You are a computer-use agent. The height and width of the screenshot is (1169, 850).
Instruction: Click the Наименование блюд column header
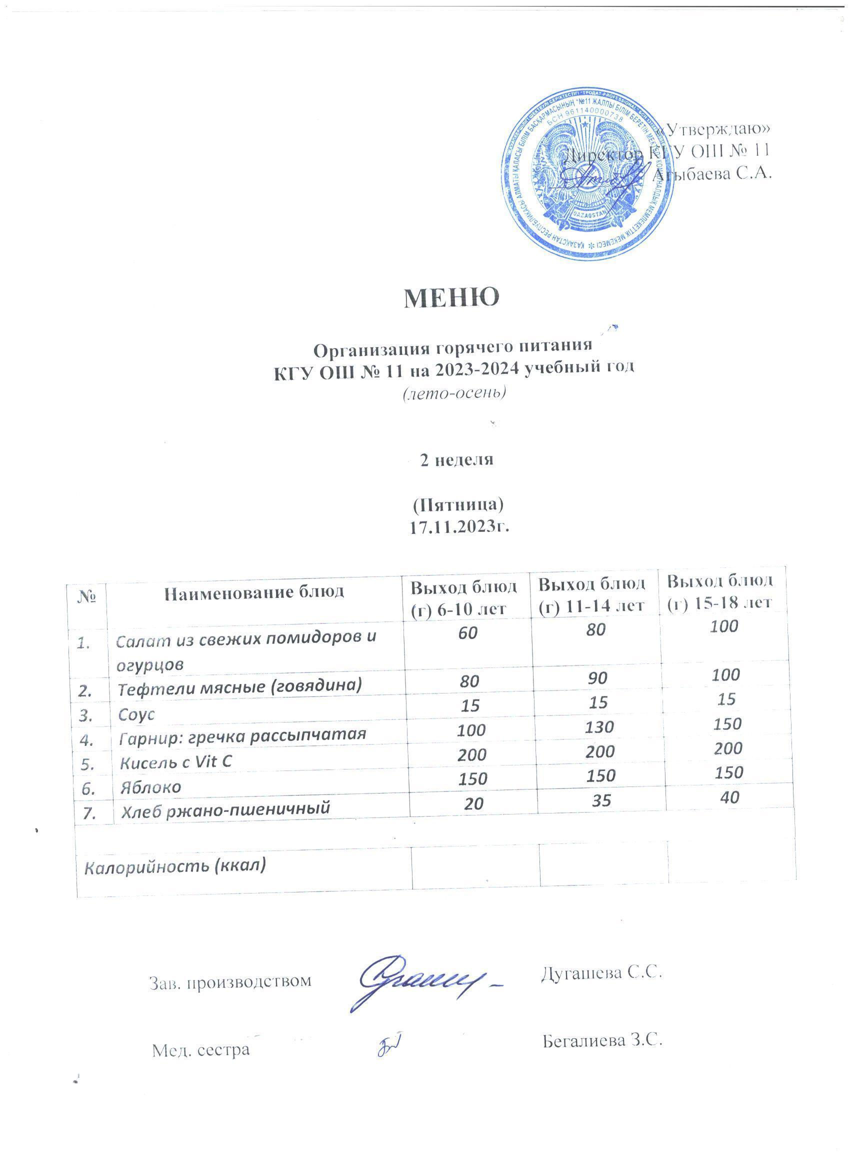(x=254, y=592)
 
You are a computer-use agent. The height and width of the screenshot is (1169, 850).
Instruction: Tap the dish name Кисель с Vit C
(x=174, y=762)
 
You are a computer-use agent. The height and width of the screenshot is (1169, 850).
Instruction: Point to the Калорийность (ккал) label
(x=174, y=865)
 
